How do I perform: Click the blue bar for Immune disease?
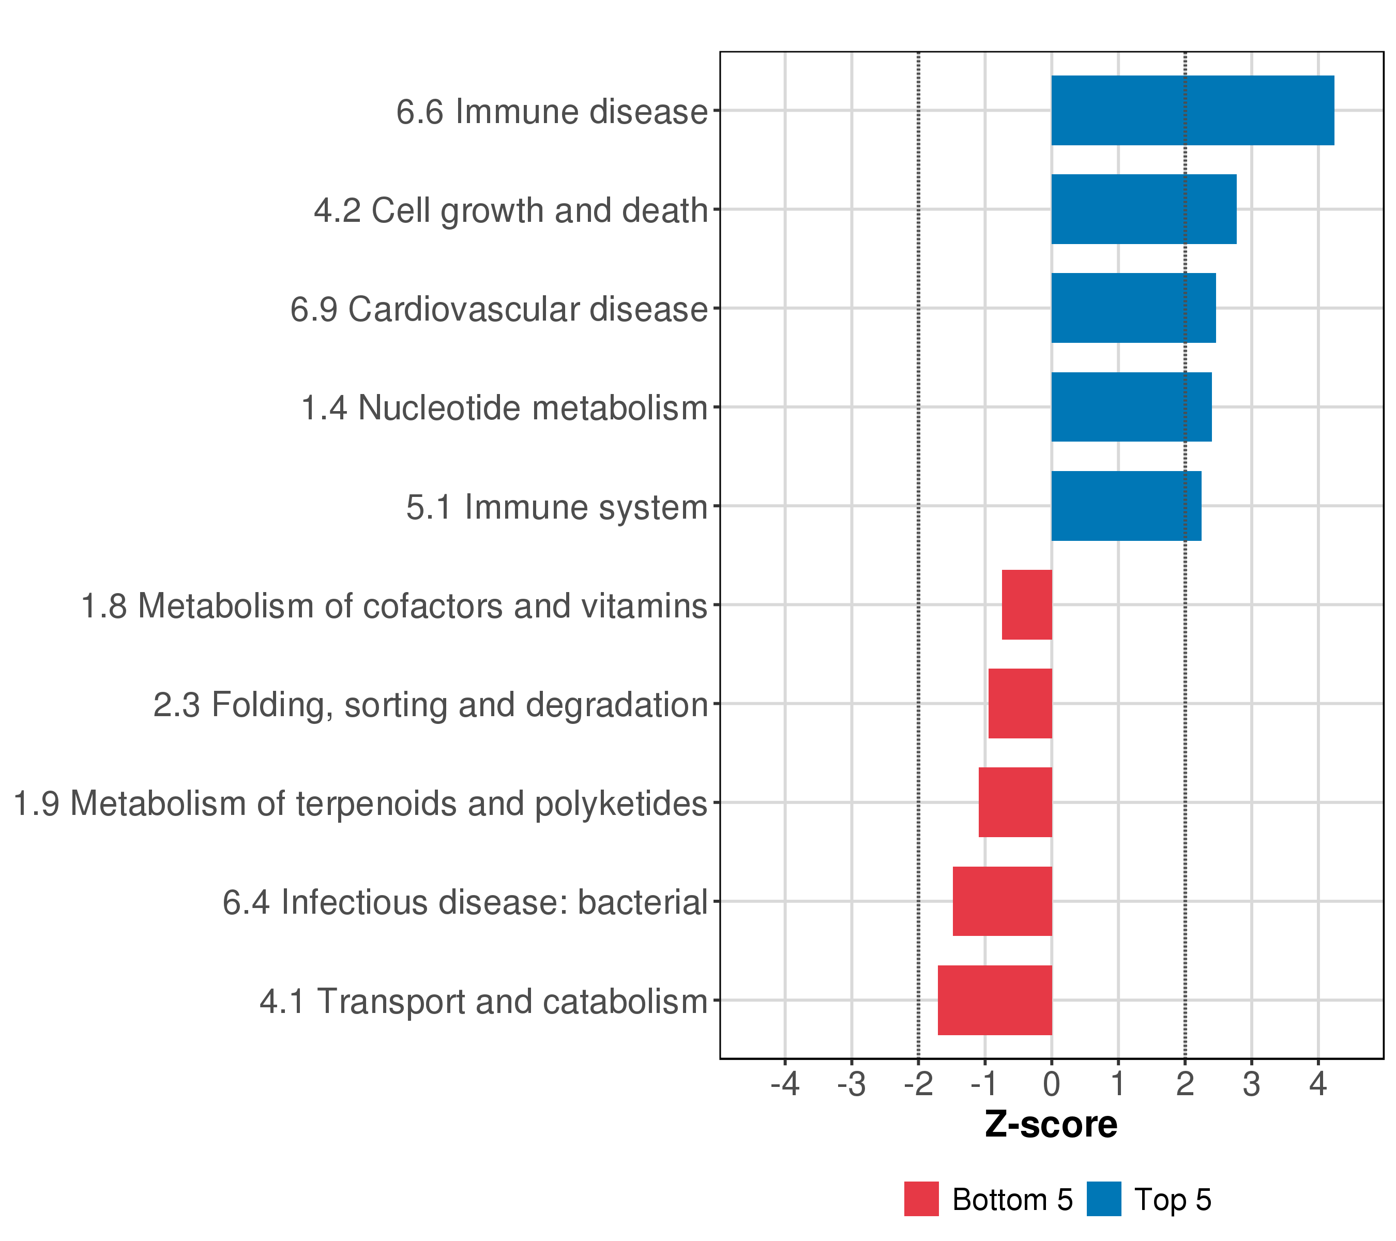[1192, 110]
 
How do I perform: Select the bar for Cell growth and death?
[1143, 209]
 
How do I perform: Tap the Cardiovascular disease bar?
[1133, 308]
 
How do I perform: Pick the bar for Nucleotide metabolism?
[1131, 407]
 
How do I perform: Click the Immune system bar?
[1126, 506]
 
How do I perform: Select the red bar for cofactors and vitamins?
[1026, 604]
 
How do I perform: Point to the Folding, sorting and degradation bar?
[1020, 703]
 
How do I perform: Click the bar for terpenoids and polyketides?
[1015, 803]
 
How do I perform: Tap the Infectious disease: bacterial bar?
[1002, 902]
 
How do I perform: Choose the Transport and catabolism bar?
[994, 1001]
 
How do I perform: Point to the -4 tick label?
[785, 1084]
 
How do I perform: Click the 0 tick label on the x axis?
[1052, 1084]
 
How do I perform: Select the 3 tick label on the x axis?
[1251, 1084]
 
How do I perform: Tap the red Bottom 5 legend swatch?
[921, 1199]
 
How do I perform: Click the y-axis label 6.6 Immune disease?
[552, 111]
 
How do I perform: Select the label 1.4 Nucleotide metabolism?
[504, 408]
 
